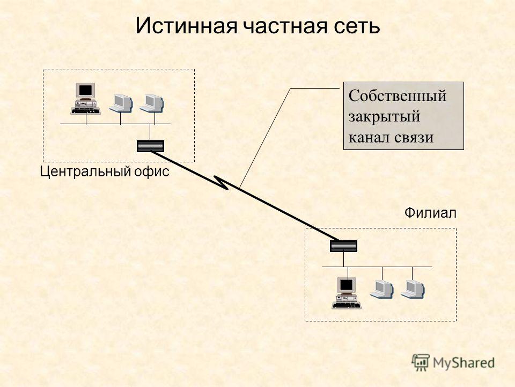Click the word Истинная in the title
(x=186, y=26)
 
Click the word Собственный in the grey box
(x=398, y=96)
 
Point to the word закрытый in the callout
(x=384, y=117)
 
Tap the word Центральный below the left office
(x=85, y=172)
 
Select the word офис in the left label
(x=151, y=171)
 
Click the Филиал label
(x=430, y=213)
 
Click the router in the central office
(x=150, y=146)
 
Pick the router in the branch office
(x=343, y=246)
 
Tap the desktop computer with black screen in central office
(x=85, y=98)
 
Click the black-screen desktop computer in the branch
(x=347, y=293)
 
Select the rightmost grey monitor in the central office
(x=152, y=103)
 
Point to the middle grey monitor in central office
(x=121, y=103)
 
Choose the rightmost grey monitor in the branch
(x=413, y=289)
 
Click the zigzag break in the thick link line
(x=222, y=183)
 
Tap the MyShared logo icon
(x=421, y=363)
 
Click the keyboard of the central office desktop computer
(x=85, y=111)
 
